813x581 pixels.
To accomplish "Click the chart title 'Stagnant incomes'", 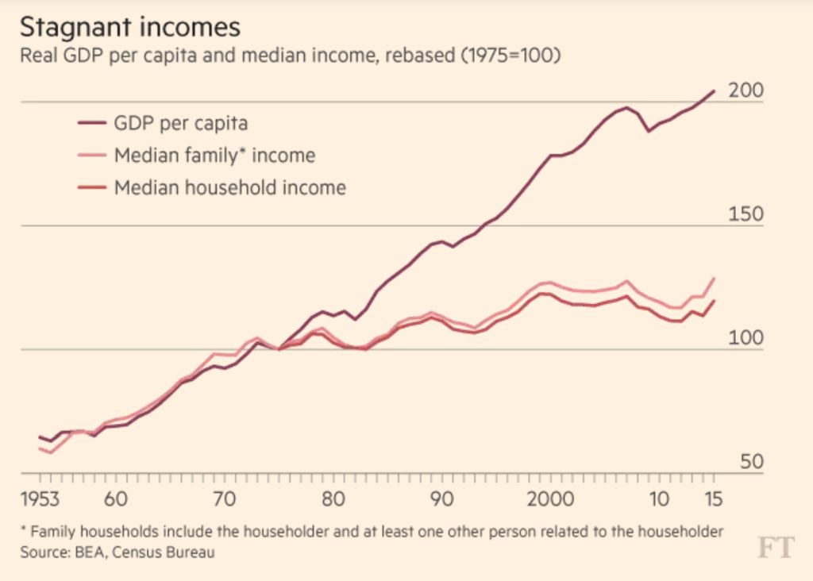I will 129,27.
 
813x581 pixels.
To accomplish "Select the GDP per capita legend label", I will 181,123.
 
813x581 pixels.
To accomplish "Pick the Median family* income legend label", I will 214,155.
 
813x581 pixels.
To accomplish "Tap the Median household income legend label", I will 230,187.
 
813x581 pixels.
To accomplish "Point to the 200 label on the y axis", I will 746,90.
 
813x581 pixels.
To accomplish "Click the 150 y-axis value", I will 746,215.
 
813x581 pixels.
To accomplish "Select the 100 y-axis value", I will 746,339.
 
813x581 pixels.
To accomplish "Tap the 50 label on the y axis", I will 752,462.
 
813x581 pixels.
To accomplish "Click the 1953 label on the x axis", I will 40,500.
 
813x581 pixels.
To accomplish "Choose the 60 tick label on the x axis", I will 116,500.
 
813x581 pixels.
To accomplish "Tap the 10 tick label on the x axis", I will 658,500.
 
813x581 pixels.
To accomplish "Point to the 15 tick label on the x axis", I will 713,500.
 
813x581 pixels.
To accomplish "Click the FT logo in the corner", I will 774,548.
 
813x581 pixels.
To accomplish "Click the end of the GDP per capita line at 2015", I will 715,91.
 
